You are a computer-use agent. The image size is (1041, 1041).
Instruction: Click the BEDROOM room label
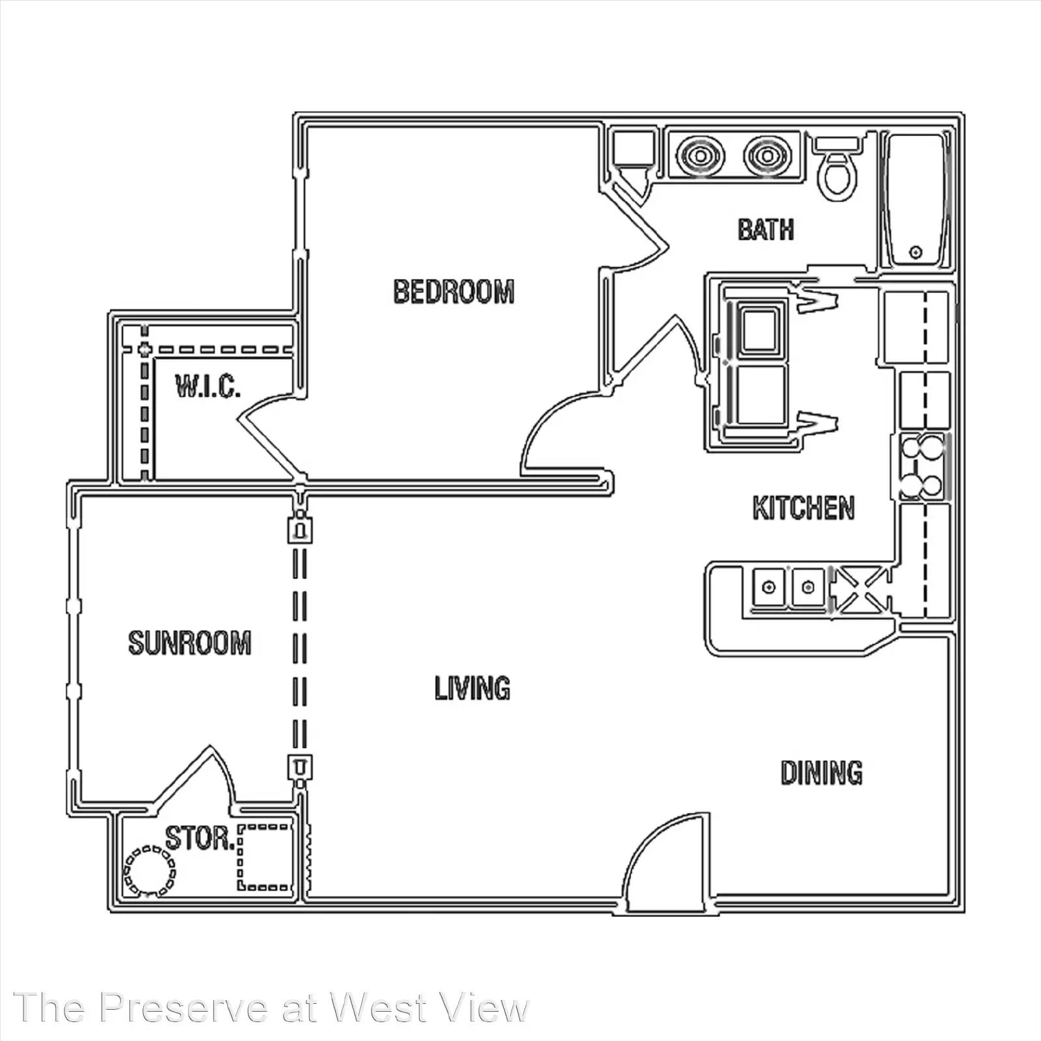tap(453, 291)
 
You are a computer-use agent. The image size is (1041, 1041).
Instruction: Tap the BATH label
tap(766, 230)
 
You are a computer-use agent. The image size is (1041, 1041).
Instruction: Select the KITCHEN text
tap(804, 508)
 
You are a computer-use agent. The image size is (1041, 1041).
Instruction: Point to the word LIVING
tap(472, 688)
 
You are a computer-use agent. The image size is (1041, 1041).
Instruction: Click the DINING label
tap(822, 772)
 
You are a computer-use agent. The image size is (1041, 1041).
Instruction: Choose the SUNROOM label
tap(190, 643)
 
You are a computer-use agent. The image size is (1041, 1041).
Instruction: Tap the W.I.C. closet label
tap(208, 386)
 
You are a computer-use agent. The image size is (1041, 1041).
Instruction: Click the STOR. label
tap(200, 838)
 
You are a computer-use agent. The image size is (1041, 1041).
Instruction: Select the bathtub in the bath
tap(916, 200)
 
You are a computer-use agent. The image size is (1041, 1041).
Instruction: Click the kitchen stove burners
tap(922, 466)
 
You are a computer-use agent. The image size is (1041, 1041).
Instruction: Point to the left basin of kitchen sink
tap(770, 588)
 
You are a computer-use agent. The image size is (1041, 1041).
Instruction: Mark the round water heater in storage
tap(150, 871)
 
